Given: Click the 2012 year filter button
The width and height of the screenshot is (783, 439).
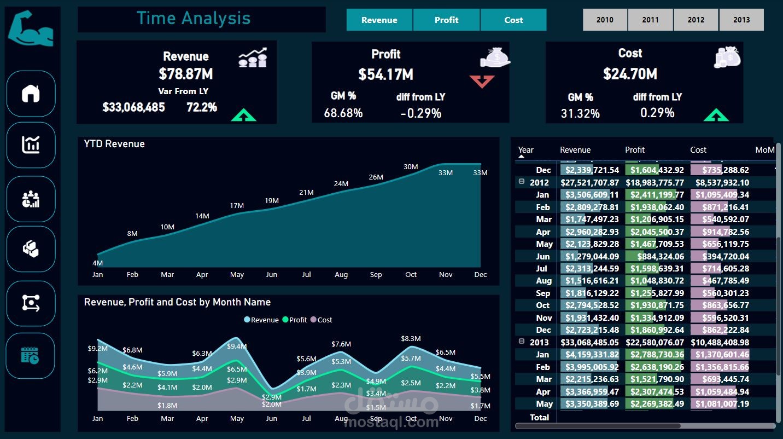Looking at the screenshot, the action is point(696,20).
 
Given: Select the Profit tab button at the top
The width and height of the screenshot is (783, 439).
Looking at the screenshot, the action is point(446,20).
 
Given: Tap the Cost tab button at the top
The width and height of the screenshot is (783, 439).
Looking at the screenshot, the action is point(513,20).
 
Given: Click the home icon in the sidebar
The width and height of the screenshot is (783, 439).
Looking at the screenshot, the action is point(31,94).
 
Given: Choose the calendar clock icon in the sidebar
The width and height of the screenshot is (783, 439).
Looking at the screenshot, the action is point(30,355).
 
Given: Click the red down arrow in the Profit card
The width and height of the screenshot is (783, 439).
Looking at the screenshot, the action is point(482,82).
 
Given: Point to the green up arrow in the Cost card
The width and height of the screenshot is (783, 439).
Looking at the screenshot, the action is point(716,115).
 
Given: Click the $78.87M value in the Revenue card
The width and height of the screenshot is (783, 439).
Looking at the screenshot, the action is point(185,74).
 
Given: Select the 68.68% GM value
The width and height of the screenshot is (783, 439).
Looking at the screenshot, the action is point(343,113).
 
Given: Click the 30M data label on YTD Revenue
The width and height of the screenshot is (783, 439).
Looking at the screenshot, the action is point(411,166).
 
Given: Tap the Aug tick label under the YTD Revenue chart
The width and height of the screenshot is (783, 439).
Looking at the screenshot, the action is point(341,275).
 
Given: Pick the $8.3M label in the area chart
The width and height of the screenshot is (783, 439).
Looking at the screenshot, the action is point(411,338).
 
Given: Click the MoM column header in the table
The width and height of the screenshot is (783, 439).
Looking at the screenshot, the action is point(765,150).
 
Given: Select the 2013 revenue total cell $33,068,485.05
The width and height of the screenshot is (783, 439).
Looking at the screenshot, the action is point(589,342).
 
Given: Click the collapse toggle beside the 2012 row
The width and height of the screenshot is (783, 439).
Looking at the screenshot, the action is point(522,181).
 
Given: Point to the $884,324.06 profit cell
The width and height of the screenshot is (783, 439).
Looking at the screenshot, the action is point(661,256).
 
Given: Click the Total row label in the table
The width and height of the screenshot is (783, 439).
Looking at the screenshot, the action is point(539,417).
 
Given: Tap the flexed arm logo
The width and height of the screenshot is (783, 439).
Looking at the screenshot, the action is point(31,28).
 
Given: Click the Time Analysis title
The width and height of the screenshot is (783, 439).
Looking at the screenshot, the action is point(194,18).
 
